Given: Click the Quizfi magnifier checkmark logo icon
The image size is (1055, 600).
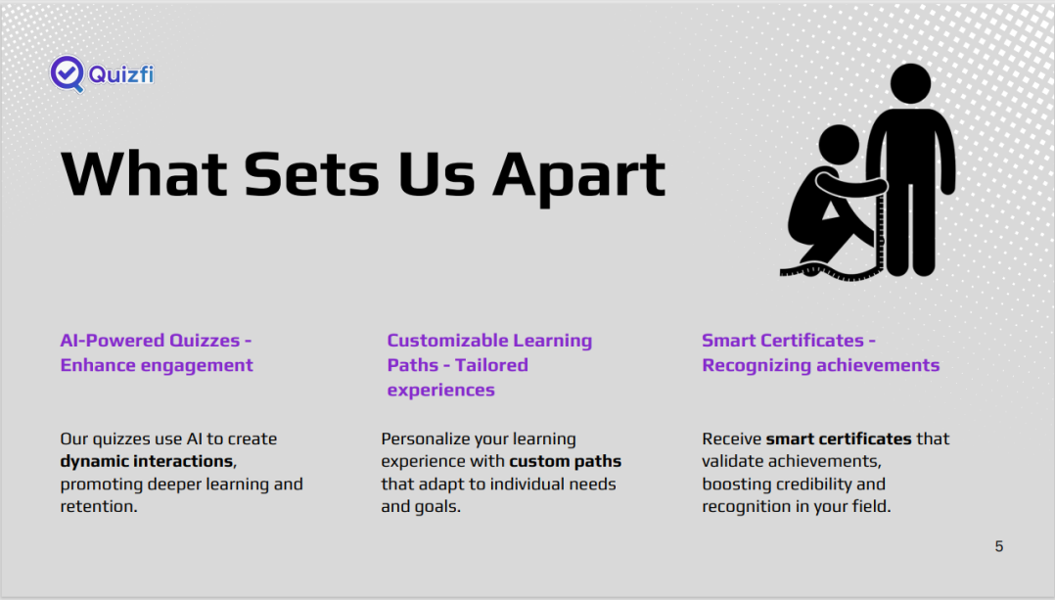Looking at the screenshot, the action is pyautogui.click(x=68, y=74).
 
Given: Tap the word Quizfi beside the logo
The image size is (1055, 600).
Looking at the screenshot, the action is pyautogui.click(x=121, y=74).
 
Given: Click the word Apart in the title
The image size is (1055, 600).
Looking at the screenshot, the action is pyautogui.click(x=578, y=176).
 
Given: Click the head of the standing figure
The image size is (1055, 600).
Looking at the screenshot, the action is pyautogui.click(x=910, y=84).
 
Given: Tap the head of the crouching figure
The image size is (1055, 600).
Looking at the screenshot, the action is pyautogui.click(x=839, y=145).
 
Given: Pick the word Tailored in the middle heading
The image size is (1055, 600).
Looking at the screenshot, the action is pyautogui.click(x=491, y=365).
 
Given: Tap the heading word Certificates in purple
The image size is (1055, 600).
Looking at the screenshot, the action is pyautogui.click(x=811, y=341).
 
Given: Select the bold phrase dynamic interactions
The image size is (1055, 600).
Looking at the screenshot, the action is pyautogui.click(x=147, y=461).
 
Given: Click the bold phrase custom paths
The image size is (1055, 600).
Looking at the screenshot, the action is pyautogui.click(x=566, y=461).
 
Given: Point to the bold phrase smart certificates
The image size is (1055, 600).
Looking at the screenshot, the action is pyautogui.click(x=839, y=438).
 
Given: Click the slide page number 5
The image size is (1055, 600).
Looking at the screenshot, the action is pyautogui.click(x=999, y=546).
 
